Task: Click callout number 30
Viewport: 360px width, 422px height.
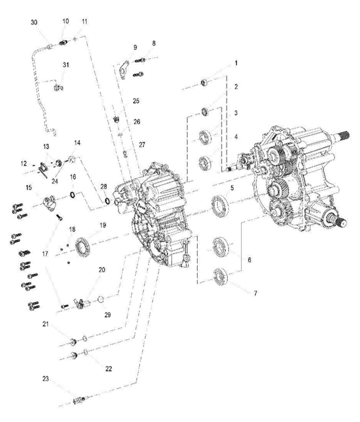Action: coord(34,22)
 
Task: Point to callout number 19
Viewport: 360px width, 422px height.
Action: coord(103,225)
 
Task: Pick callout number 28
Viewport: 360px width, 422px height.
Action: coord(104,187)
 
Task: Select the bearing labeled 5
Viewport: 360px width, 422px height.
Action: coord(219,206)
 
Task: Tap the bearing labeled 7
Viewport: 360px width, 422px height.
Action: coord(220,276)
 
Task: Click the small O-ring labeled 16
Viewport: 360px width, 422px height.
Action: coord(72,194)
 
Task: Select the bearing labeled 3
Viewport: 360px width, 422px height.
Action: coord(205,137)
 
